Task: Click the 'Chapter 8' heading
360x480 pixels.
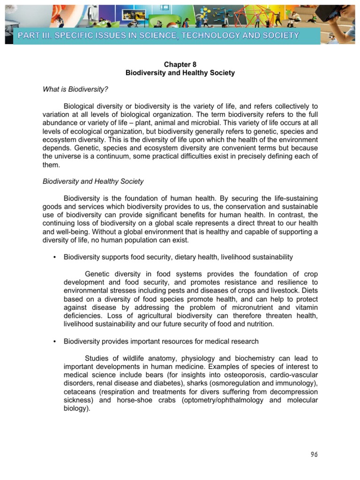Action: point(180,65)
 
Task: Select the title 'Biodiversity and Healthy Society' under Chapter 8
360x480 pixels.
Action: point(180,73)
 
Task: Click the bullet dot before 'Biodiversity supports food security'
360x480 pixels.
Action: point(55,257)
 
